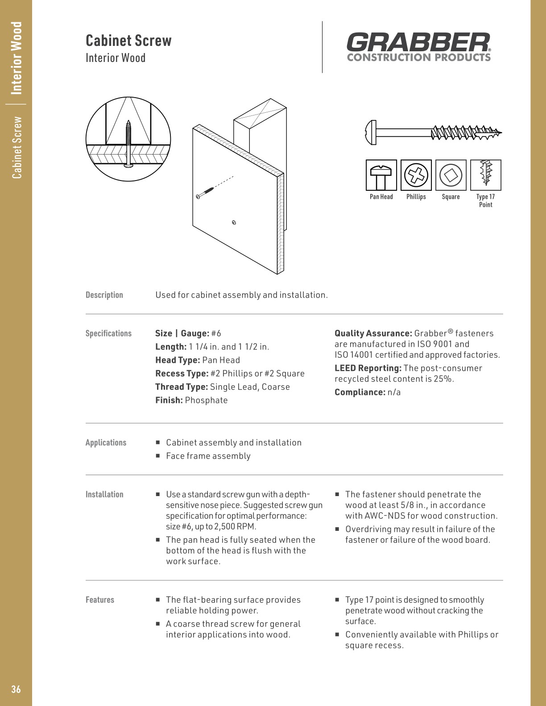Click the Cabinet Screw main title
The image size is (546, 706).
pos(128,41)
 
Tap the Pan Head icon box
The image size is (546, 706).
pos(381,175)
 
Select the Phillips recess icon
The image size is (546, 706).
pos(416,175)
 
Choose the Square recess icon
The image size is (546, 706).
pos(451,175)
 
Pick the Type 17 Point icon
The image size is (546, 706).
pos(485,175)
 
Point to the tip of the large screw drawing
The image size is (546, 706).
pos(500,132)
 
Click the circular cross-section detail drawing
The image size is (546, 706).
pos(128,139)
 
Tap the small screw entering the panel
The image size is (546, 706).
pos(204,193)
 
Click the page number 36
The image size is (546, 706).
pos(16,690)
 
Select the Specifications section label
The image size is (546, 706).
pos(108,333)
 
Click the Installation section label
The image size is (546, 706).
pos(104,494)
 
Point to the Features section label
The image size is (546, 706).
pos(100,600)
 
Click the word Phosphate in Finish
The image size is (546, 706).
pos(206,400)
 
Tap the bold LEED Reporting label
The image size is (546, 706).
pos(368,368)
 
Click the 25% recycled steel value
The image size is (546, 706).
pos(443,379)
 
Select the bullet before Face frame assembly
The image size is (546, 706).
pos(158,456)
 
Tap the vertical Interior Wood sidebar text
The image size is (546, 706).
pos(17,58)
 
